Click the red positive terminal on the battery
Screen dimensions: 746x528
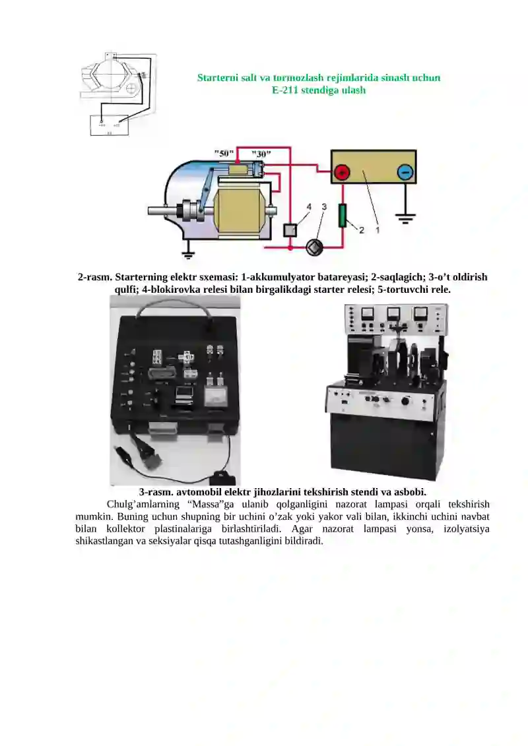(342, 173)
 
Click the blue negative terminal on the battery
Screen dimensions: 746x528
(405, 173)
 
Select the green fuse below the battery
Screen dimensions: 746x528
(343, 216)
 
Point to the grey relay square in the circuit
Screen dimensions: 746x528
(290, 230)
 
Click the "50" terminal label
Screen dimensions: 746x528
(224, 153)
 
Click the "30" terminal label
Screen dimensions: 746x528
(261, 153)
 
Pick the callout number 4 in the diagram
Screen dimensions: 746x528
(308, 206)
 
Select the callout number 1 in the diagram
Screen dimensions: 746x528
(378, 230)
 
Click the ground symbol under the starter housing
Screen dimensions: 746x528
(189, 254)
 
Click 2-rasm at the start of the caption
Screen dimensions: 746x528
(94, 278)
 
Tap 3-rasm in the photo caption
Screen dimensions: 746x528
(156, 492)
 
